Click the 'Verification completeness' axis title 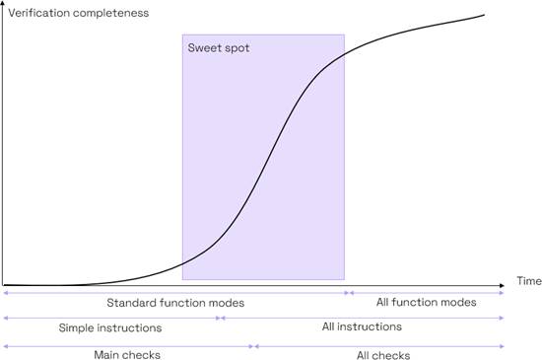click(79, 13)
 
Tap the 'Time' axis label click(529, 281)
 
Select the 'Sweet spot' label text click(219, 48)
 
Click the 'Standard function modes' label click(175, 303)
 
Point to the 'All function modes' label click(426, 302)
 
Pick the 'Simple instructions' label click(110, 327)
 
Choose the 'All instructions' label click(362, 326)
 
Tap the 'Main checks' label click(127, 355)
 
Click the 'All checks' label click(383, 355)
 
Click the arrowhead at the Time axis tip click(503, 285)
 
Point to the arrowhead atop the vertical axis click(3, 3)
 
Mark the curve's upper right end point click(484, 15)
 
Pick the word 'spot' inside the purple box click(237, 48)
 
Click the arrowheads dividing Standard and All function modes click(349, 293)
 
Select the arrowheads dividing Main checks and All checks click(254, 346)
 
